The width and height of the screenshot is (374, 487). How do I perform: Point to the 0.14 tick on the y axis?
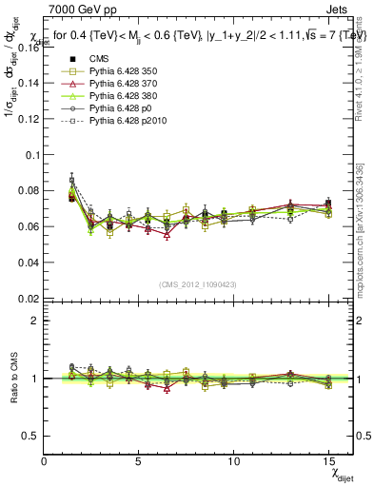(x=29, y=83)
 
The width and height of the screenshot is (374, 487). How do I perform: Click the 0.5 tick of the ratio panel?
(x=31, y=436)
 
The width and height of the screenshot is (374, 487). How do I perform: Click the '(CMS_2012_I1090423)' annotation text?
(x=198, y=283)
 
